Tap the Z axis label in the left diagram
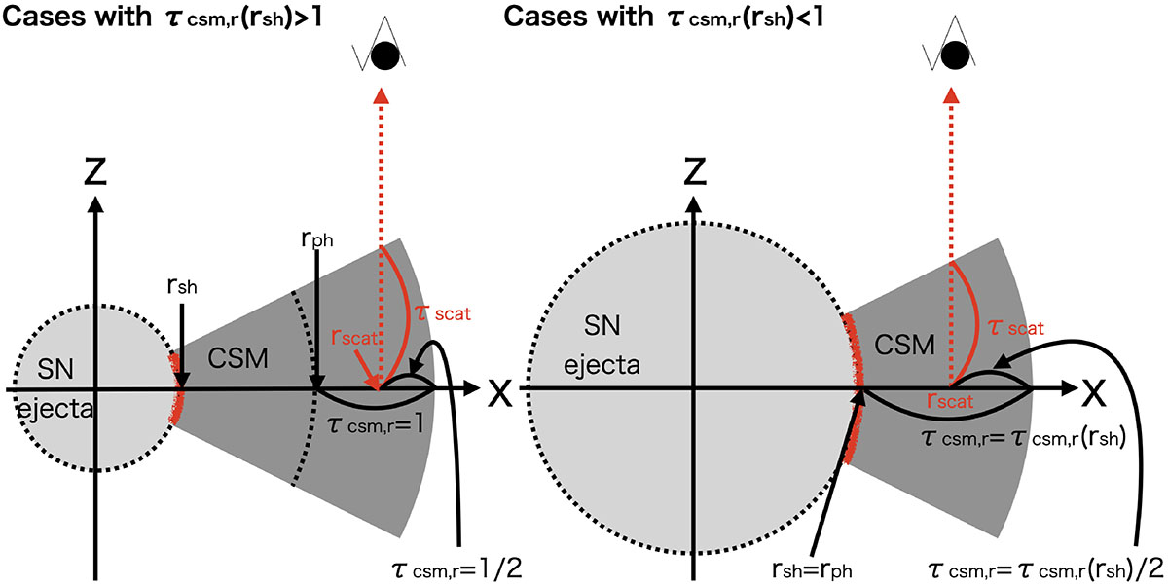94,171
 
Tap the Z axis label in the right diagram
692,171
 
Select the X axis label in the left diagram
499,391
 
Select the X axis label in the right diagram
1093,391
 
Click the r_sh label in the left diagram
181,288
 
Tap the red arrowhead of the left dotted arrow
381,96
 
